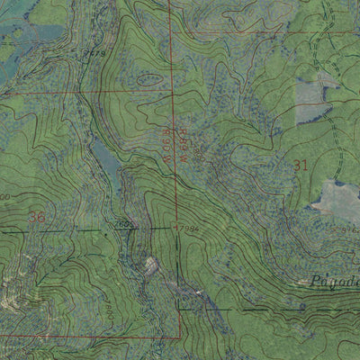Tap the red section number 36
click(36, 217)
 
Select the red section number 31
click(300, 164)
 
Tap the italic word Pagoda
click(333, 281)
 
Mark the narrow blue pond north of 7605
click(105, 162)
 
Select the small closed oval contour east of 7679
click(150, 79)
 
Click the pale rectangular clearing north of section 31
click(310, 101)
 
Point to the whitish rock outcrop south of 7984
click(151, 264)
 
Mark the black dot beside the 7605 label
click(107, 229)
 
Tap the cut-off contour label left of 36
click(4, 197)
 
